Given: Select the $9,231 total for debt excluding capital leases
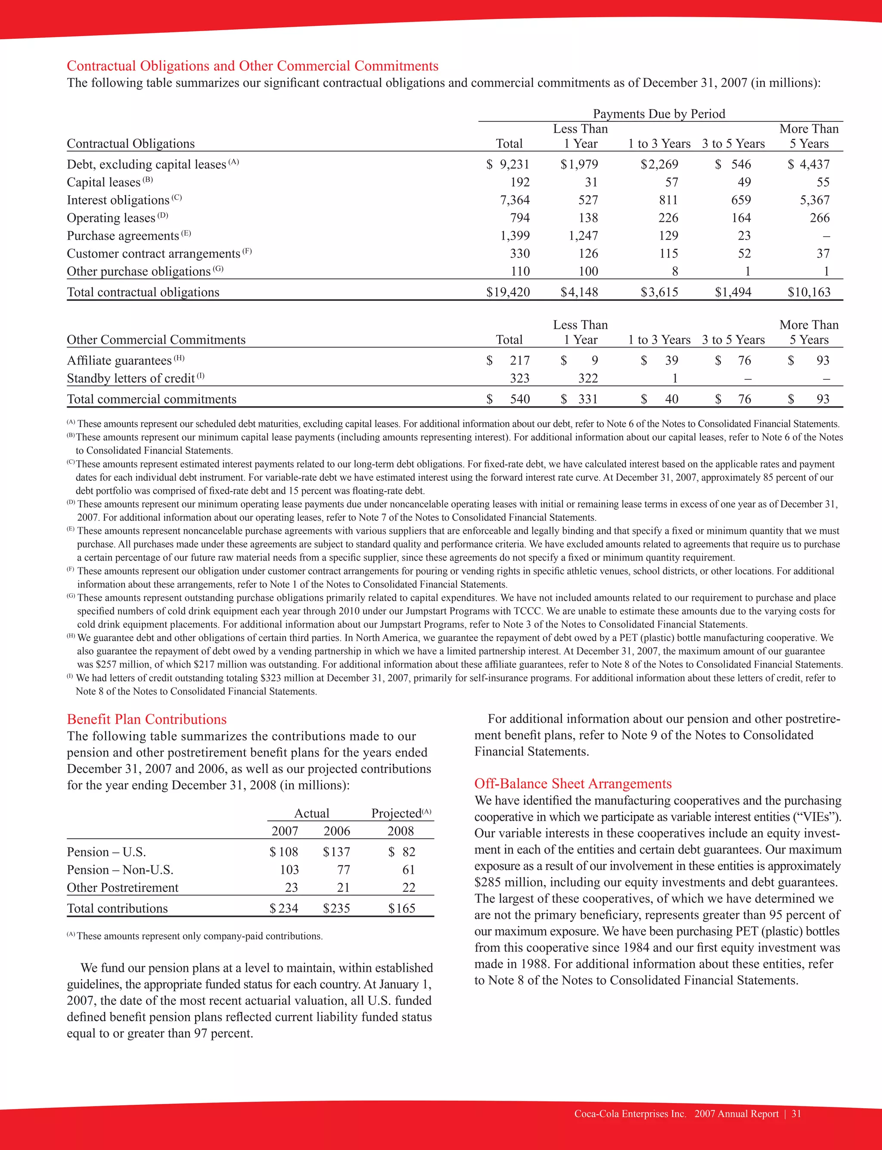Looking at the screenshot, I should (x=508, y=164).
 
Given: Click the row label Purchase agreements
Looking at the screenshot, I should (x=123, y=236).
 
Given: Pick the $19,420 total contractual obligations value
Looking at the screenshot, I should (x=508, y=292).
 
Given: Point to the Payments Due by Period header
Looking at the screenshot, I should (x=659, y=114).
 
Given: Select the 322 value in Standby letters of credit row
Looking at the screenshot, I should (x=588, y=378).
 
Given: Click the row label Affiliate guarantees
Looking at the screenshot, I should (x=119, y=361).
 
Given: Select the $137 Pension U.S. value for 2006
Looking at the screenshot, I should (x=336, y=852).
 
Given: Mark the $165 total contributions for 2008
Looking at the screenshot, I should (x=402, y=908).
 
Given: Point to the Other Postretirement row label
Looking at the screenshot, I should (x=122, y=888).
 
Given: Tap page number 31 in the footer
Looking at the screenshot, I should (x=796, y=1113).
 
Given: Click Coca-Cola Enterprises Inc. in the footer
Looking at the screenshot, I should (x=630, y=1113).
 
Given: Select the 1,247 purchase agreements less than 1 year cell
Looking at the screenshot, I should (x=583, y=236).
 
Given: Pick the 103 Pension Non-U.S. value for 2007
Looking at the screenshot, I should (x=289, y=870).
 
